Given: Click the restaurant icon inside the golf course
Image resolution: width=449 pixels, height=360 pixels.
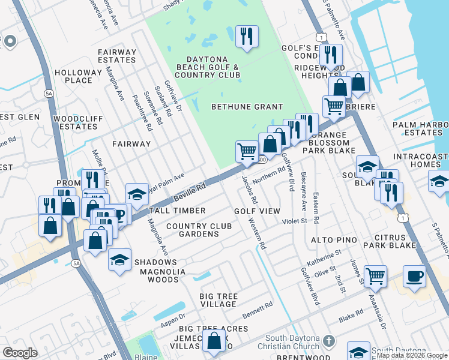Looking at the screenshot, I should pyautogui.click(x=247, y=37).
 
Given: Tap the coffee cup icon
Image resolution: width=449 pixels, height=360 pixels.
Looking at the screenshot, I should pyautogui.click(x=414, y=277).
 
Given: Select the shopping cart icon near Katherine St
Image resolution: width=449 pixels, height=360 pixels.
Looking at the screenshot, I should pyautogui.click(x=375, y=277).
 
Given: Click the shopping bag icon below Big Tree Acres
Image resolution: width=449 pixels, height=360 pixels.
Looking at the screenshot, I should pyautogui.click(x=214, y=341).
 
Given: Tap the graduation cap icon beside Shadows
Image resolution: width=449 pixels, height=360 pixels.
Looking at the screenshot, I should pyautogui.click(x=120, y=260).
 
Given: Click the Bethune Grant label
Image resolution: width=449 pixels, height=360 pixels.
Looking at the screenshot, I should pyautogui.click(x=247, y=107).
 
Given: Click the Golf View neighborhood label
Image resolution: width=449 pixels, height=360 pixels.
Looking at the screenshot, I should pyautogui.click(x=257, y=211).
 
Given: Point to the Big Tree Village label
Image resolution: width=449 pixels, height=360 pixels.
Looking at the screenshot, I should pyautogui.click(x=210, y=300).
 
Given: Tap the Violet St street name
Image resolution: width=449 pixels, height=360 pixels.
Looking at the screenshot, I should pyautogui.click(x=295, y=221).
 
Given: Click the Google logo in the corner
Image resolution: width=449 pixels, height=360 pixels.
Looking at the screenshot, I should pyautogui.click(x=20, y=353).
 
